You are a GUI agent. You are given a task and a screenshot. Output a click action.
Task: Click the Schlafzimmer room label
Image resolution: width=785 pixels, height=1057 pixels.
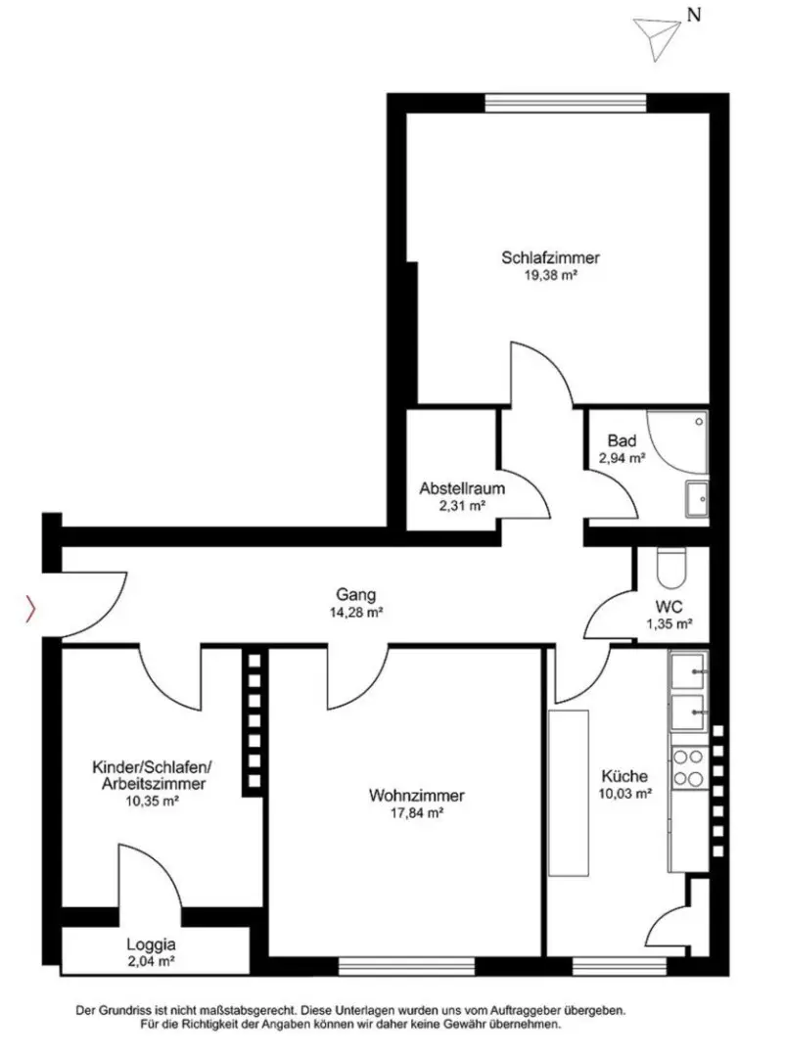[550, 257]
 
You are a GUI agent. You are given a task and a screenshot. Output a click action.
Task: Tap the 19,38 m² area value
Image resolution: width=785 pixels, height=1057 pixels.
[550, 275]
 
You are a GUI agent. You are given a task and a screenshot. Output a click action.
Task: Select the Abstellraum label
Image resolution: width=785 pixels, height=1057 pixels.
[462, 488]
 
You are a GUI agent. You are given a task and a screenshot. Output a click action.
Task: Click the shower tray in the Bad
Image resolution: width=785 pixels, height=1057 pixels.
[677, 441]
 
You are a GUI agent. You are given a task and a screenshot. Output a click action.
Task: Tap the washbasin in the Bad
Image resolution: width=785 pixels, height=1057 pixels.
[697, 498]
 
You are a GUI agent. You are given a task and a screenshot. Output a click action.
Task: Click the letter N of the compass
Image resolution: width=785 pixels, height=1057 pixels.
[694, 14]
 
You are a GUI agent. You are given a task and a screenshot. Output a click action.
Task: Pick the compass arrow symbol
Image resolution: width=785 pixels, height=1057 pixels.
[657, 38]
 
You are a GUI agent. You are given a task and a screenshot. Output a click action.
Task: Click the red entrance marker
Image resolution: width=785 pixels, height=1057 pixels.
[30, 609]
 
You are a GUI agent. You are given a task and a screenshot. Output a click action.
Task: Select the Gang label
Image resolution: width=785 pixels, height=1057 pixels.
[356, 595]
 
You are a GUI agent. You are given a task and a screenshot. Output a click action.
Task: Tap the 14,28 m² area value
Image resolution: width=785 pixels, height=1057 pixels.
[356, 613]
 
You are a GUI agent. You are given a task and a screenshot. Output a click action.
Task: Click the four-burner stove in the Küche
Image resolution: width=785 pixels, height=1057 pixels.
[688, 768]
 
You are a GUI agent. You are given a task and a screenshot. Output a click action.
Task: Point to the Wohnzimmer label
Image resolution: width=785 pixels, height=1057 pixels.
[417, 796]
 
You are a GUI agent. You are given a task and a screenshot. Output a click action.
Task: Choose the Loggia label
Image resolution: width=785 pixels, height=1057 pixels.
[151, 945]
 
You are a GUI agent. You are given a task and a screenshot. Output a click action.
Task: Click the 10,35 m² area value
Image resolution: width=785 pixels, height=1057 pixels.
[152, 802]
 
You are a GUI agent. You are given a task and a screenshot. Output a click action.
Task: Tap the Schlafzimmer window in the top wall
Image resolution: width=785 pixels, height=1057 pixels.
[566, 103]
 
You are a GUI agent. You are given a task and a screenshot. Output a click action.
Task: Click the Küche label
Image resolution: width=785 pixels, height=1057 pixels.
[624, 776]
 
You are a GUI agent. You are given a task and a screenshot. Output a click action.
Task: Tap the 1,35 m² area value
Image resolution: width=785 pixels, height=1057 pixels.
[670, 624]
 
